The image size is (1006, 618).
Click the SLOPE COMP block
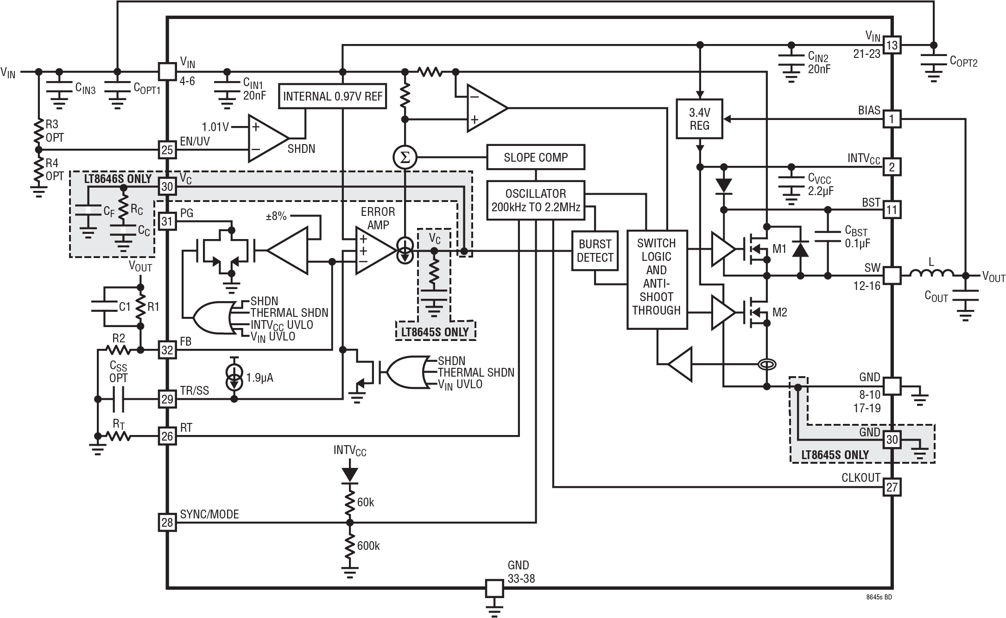(x=535, y=158)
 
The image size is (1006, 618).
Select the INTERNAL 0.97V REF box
(x=333, y=96)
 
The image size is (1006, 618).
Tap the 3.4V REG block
(x=699, y=119)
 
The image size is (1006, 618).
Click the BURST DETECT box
(x=595, y=251)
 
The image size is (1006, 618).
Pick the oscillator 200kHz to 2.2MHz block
(x=535, y=200)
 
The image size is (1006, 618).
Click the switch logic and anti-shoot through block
(x=656, y=277)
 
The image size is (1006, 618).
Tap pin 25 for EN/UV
(x=167, y=150)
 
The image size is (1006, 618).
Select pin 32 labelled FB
(x=167, y=350)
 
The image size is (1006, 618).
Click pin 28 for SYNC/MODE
(x=167, y=523)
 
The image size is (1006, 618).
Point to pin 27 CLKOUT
(x=892, y=487)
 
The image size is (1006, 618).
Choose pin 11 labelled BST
(x=892, y=210)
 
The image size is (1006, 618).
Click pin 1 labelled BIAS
(x=892, y=119)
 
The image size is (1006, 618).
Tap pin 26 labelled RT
(x=167, y=436)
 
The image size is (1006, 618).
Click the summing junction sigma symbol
(x=405, y=158)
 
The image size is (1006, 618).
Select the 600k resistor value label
(x=368, y=546)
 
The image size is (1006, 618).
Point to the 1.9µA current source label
(x=259, y=378)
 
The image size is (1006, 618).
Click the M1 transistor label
(x=779, y=250)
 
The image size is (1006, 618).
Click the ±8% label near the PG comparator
(x=276, y=216)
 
